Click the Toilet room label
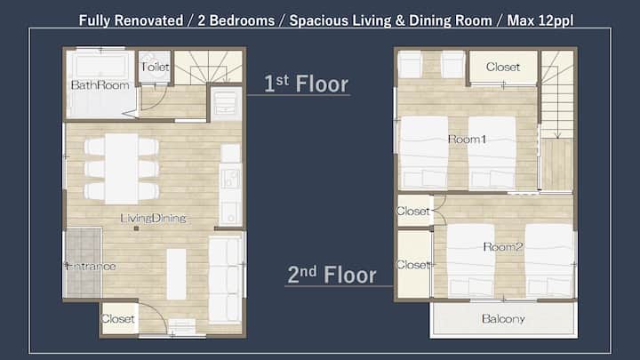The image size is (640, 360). point(155,67)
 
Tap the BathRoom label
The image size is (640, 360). point(100,85)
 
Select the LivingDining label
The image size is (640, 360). point(154,219)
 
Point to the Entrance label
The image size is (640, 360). point(90,267)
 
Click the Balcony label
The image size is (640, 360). point(503,319)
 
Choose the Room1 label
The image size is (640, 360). point(468,140)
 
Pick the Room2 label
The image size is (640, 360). point(503,246)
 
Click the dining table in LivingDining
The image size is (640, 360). point(121,169)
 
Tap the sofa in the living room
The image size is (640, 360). point(225,280)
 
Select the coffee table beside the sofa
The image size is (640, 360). point(176,275)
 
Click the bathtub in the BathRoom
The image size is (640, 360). point(100,65)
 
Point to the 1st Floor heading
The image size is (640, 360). point(306,84)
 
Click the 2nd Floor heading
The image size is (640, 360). point(332,275)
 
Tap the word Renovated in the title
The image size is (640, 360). point(148,20)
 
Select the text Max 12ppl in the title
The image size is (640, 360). point(540,20)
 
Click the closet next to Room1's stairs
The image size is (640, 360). point(503,68)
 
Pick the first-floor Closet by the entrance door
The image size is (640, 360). point(118,319)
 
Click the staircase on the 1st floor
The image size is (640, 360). point(208,67)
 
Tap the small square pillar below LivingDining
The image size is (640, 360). point(136,228)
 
